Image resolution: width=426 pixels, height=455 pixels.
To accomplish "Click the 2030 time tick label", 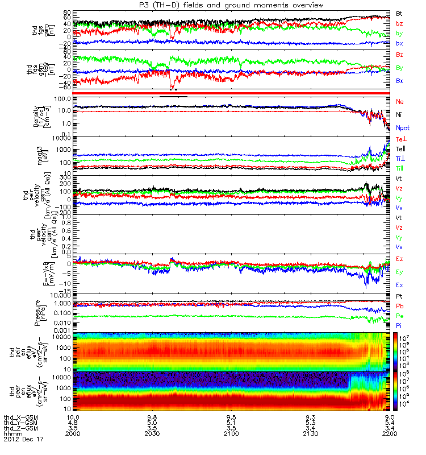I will (x=152, y=434).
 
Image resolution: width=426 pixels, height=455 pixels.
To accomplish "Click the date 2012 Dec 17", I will (x=23, y=440).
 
